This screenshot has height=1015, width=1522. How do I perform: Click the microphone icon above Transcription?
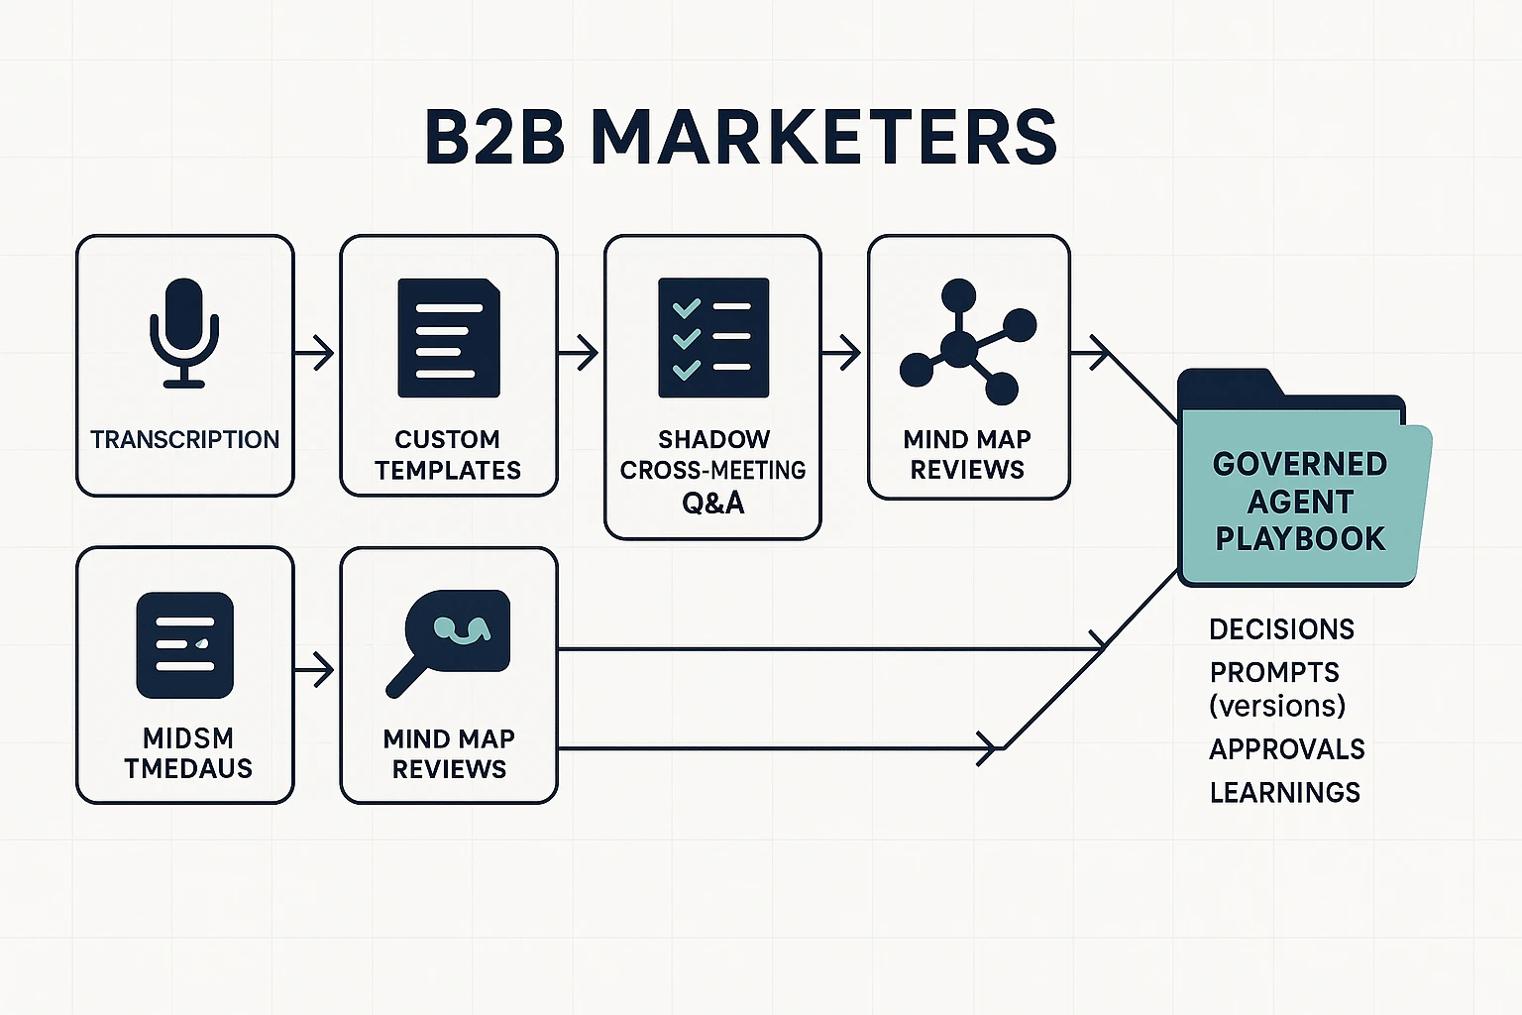(184, 332)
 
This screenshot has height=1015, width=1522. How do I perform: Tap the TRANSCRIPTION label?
(184, 439)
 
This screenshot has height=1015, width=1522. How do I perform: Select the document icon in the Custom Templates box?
(449, 338)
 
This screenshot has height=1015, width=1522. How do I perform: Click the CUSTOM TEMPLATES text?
(448, 454)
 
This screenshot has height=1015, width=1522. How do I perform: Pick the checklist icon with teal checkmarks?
(713, 338)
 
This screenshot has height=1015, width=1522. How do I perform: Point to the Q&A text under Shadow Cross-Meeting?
(713, 503)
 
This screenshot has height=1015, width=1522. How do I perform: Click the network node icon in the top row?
(967, 342)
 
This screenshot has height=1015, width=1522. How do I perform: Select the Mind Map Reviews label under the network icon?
(967, 454)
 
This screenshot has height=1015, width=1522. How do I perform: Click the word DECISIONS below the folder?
(1281, 629)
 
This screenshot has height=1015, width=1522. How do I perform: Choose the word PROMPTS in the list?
(1274, 672)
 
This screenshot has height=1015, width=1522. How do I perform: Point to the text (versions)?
(1277, 706)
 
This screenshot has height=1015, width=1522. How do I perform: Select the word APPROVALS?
(1287, 749)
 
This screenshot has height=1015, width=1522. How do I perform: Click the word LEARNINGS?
(1284, 792)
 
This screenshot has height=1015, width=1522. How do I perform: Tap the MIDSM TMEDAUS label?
(187, 753)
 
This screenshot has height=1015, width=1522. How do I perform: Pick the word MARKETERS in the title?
(824, 137)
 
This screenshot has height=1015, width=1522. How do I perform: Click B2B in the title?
(494, 137)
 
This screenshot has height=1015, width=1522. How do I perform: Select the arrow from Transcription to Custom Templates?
(316, 352)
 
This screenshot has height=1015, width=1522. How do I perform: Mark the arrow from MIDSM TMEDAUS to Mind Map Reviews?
(316, 671)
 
